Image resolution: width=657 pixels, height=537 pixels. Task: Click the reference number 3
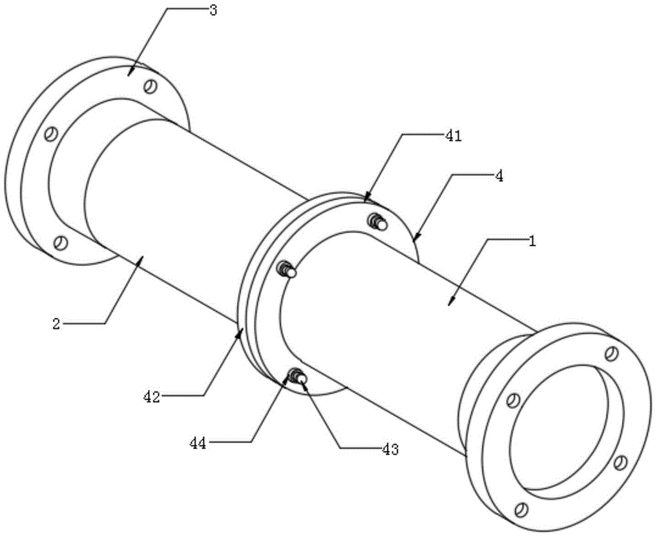click(x=214, y=10)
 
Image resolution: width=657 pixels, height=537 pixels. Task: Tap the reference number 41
click(x=453, y=136)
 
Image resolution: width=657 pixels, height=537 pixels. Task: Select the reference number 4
click(x=499, y=176)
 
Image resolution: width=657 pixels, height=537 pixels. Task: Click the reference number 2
click(x=57, y=323)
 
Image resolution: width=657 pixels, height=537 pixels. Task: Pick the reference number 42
click(x=152, y=396)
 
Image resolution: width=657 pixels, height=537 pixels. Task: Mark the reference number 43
click(x=390, y=450)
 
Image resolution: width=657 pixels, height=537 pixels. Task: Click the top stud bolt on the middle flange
click(x=378, y=222)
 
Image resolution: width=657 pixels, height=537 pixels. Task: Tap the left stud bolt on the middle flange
click(x=288, y=269)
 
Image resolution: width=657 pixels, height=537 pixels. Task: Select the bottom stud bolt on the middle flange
click(x=297, y=375)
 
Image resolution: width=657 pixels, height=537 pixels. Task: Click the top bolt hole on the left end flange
click(x=150, y=86)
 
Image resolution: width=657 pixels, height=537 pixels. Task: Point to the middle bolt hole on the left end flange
click(x=51, y=133)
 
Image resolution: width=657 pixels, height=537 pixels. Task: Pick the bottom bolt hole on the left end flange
click(x=60, y=243)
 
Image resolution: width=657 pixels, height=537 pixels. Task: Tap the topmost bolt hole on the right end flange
click(x=612, y=353)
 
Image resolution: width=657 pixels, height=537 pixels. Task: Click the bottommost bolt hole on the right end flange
click(x=521, y=510)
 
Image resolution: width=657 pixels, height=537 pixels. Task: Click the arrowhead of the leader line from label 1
click(x=451, y=302)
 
